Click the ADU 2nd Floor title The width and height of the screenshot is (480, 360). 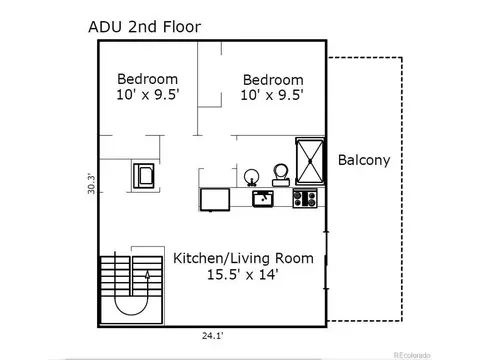145,27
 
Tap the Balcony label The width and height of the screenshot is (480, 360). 364,160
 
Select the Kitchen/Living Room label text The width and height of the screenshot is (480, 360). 243,258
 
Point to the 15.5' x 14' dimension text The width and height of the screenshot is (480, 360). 243,274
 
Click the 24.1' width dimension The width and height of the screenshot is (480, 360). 212,336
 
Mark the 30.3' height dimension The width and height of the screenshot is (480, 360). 91,183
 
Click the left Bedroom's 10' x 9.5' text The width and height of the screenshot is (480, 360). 148,94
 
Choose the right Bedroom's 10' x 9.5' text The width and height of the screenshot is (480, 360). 272,95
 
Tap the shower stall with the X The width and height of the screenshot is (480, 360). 310,161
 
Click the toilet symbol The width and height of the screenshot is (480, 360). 281,175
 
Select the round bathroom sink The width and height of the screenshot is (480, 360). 251,177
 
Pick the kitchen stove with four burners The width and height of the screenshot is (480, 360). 305,198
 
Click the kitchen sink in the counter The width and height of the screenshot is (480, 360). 263,199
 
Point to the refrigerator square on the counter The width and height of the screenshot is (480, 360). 215,200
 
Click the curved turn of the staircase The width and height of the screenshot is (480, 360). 131,310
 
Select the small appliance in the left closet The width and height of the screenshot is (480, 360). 144,176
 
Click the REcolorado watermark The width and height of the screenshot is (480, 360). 412,355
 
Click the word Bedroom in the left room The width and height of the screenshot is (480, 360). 147,79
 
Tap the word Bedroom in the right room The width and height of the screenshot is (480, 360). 273,80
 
